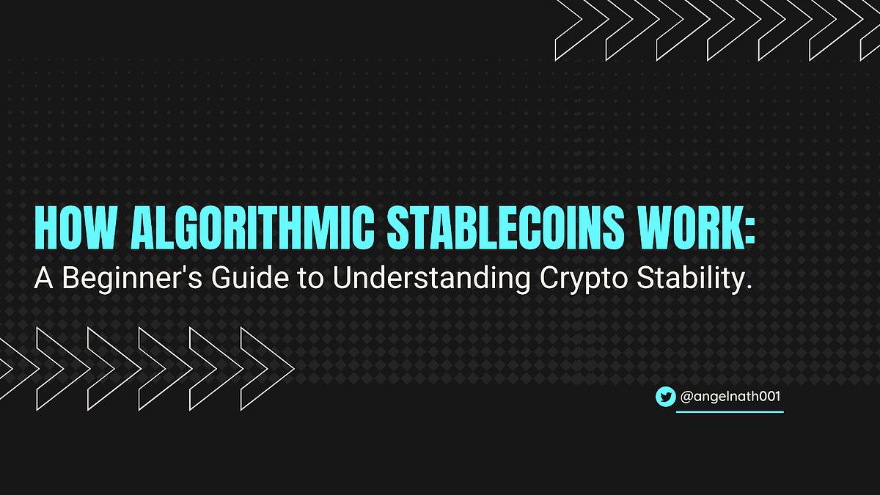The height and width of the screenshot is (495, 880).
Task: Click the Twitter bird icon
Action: [665, 397]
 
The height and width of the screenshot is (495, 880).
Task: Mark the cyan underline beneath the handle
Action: [729, 411]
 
